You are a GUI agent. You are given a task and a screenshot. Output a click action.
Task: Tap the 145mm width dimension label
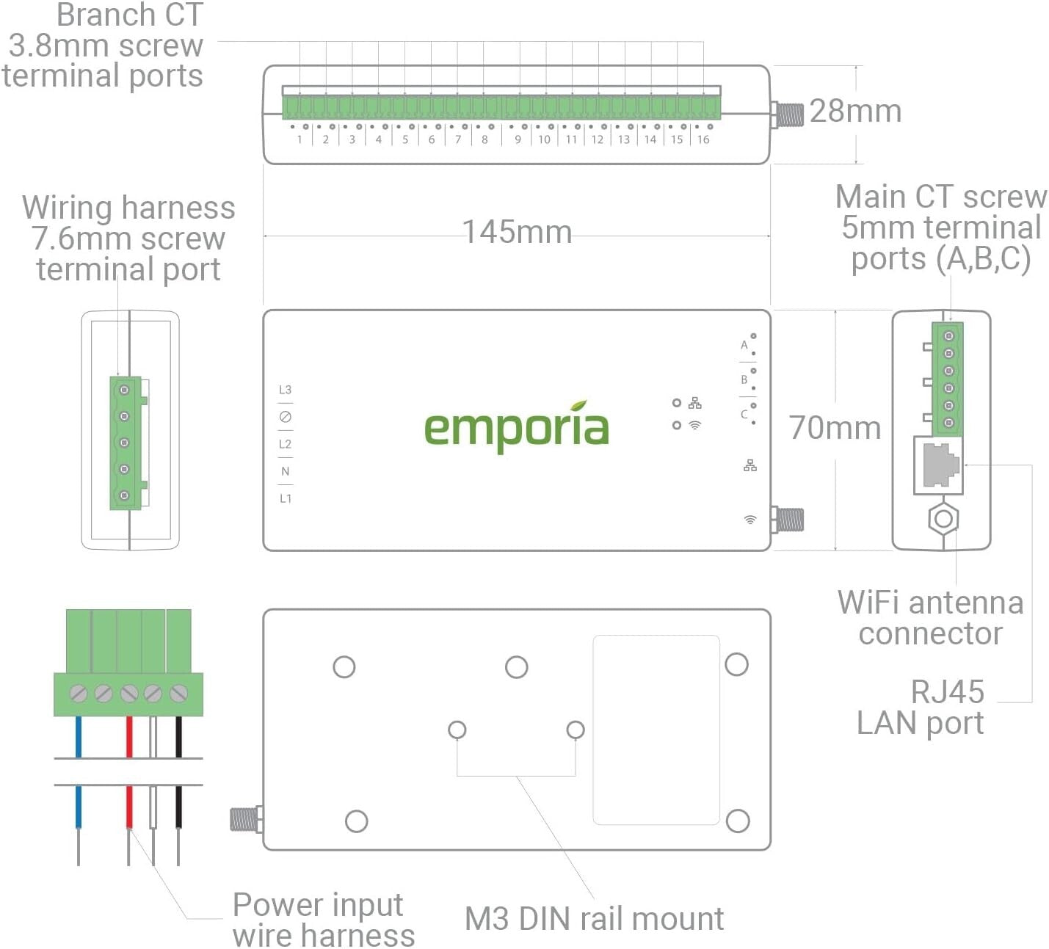(517, 232)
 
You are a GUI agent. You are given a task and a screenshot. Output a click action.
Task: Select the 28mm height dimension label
(855, 111)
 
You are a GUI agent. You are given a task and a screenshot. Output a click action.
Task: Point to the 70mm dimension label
(835, 428)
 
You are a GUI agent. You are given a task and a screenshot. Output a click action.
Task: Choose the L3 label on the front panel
(285, 390)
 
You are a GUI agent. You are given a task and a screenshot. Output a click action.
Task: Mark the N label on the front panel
(285, 471)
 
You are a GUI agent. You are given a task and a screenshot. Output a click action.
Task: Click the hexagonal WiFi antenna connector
(943, 519)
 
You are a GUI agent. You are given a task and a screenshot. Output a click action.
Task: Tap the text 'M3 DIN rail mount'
(594, 919)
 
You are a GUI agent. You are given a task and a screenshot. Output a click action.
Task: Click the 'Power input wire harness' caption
(323, 920)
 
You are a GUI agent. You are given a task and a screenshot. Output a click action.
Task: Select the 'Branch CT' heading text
(129, 15)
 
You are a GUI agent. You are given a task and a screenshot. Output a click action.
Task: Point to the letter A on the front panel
(744, 345)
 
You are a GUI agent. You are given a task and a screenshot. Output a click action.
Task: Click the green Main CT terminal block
(948, 379)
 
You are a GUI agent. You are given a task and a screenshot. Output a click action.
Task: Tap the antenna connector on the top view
(789, 114)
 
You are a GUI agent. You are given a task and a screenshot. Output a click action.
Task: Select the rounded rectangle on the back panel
(656, 730)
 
